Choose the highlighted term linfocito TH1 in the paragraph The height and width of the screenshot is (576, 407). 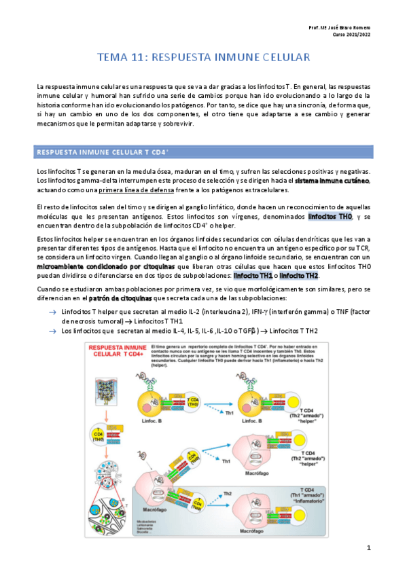click(x=252, y=276)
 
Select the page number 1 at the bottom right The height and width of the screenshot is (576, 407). click(x=368, y=547)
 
